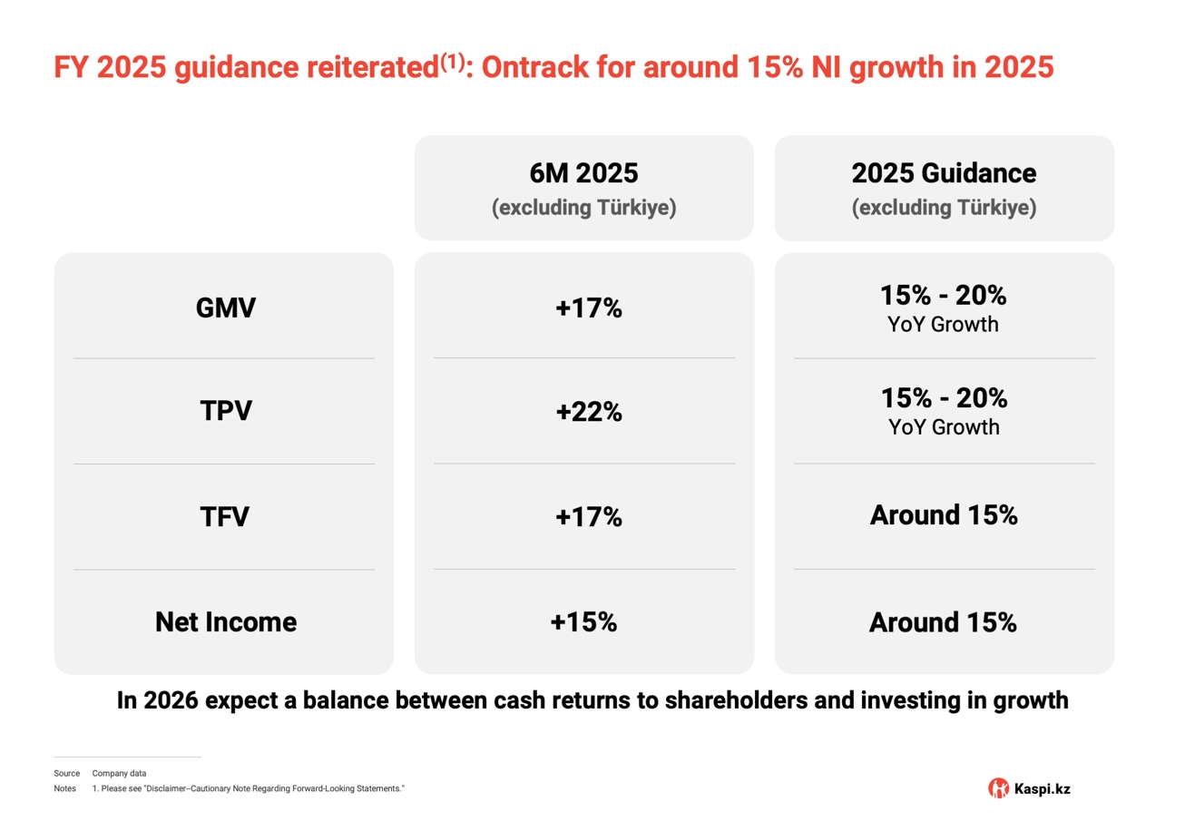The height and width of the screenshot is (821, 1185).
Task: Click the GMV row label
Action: coord(226,308)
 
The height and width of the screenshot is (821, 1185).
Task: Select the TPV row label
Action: coord(226,411)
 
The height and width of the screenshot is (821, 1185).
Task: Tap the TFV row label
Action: coord(225,516)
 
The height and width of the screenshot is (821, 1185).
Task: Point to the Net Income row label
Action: coord(226,622)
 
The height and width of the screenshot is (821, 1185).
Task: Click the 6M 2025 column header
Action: coord(583,174)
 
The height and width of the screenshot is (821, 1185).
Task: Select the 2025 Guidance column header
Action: coord(944,174)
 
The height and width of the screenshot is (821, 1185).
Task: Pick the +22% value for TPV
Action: coord(589,412)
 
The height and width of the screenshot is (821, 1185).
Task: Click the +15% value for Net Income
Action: coord(583,622)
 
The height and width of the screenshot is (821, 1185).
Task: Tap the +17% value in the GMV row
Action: coord(589,308)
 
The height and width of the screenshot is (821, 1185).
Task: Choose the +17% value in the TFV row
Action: coord(589,516)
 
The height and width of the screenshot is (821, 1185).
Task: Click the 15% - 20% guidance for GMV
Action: coord(944,296)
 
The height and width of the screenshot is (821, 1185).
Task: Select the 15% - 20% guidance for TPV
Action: coord(944,398)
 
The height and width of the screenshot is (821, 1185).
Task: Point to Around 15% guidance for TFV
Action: coord(944,515)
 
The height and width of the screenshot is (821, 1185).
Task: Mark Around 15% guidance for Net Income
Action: coord(944,622)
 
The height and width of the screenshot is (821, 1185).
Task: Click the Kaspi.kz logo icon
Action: coord(998,788)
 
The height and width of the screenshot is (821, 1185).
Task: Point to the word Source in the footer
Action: coord(66,773)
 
